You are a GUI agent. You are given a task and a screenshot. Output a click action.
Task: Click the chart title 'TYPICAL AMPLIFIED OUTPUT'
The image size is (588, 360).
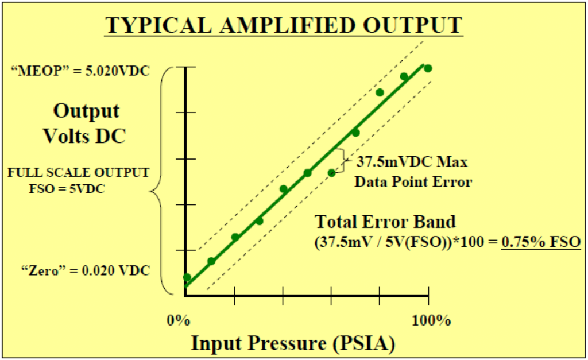tap(284, 25)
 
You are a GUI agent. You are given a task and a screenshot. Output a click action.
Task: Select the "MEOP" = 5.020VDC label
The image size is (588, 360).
tap(80, 71)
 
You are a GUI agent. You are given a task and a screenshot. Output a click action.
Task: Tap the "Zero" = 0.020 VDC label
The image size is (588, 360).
tap(86, 270)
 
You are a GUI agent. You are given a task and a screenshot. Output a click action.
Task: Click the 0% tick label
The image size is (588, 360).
tap(179, 320)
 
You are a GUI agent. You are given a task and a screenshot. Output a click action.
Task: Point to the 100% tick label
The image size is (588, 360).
tap(431, 320)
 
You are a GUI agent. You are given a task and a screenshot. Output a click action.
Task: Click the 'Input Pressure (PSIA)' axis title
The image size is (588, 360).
tap(293, 343)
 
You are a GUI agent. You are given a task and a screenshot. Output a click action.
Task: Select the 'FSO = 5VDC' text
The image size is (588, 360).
tap(67, 189)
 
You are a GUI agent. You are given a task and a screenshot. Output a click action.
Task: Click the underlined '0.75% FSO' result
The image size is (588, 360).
tap(541, 242)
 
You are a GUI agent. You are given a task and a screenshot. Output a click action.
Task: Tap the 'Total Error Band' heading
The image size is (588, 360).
tap(385, 222)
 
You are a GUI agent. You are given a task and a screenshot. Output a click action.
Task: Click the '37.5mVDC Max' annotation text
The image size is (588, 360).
tap(412, 161)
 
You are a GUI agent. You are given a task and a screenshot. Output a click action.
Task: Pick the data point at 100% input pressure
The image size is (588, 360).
tap(428, 68)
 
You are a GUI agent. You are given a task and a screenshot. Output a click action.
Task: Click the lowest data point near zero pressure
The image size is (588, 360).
tap(187, 277)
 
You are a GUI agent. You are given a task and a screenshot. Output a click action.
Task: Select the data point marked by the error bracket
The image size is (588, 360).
tap(331, 173)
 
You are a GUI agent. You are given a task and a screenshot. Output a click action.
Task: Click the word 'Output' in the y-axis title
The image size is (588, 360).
tap(86, 111)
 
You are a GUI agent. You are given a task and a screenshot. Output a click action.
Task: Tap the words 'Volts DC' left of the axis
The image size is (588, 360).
tap(84, 136)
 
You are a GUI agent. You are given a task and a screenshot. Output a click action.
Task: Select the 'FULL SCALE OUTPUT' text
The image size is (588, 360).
tap(79, 172)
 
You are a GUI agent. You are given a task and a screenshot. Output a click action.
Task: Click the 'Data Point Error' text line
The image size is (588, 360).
tap(413, 182)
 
